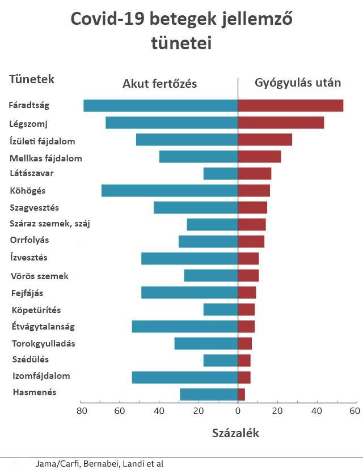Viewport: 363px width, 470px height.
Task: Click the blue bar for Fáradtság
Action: tap(161, 105)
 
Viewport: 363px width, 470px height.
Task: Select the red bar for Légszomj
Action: tap(281, 123)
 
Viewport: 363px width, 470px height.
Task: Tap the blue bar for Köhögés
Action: tap(170, 190)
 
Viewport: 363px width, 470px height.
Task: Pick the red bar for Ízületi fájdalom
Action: tap(265, 140)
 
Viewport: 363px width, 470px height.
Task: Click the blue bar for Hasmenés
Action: tap(209, 394)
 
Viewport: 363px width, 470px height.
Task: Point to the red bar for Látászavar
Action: tap(255, 173)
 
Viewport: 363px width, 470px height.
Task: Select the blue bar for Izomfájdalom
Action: tap(185, 377)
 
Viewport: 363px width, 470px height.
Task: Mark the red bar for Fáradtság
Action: tap(290, 105)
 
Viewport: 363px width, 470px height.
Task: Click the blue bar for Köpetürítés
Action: tap(221, 309)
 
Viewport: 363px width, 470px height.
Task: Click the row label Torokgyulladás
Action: tap(44, 343)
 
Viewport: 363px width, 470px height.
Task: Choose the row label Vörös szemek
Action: tap(40, 276)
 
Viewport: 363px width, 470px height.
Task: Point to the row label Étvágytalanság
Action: tap(43, 326)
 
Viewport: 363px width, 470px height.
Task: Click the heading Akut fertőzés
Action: tap(159, 84)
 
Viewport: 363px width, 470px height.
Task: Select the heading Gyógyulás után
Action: tap(298, 83)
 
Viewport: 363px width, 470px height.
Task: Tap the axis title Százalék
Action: tap(235, 433)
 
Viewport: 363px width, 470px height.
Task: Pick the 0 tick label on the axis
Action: tap(238, 410)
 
